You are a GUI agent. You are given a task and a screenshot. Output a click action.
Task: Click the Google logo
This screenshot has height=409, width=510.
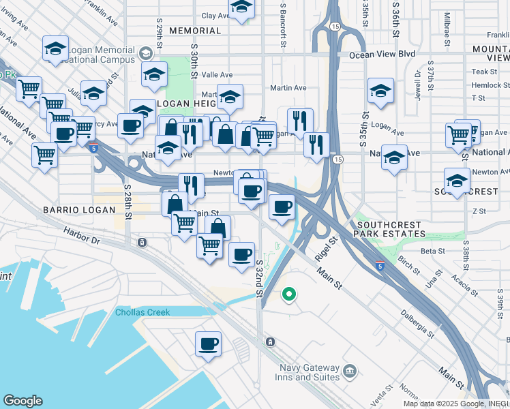point(22,401)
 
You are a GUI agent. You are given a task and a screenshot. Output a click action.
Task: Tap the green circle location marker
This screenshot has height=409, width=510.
point(289,294)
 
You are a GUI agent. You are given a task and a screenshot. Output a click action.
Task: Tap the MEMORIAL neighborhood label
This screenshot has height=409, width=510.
point(195,31)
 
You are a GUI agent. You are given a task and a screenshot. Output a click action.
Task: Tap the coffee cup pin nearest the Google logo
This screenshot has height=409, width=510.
point(208,344)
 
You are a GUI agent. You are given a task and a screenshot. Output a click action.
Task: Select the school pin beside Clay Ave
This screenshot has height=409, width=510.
point(241,9)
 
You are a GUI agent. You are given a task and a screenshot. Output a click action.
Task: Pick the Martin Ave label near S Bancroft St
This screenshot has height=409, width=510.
point(288,88)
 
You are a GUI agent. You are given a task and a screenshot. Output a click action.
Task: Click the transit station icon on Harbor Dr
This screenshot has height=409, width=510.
point(142,242)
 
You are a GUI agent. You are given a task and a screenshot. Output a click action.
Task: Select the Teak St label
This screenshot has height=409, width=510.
point(484,72)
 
